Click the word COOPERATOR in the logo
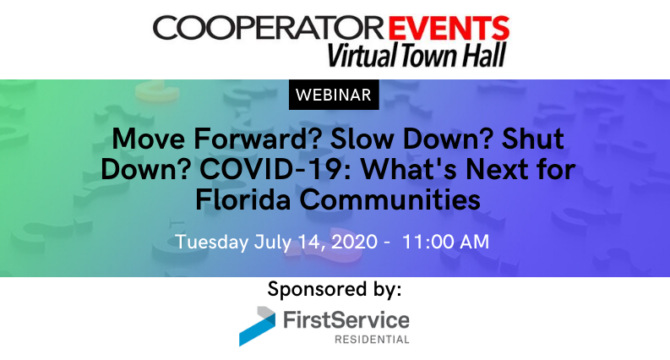tap(269, 27)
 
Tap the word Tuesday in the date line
tap(211, 241)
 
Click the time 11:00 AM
tap(445, 241)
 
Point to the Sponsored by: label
tap(335, 289)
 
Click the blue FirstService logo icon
tap(256, 325)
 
